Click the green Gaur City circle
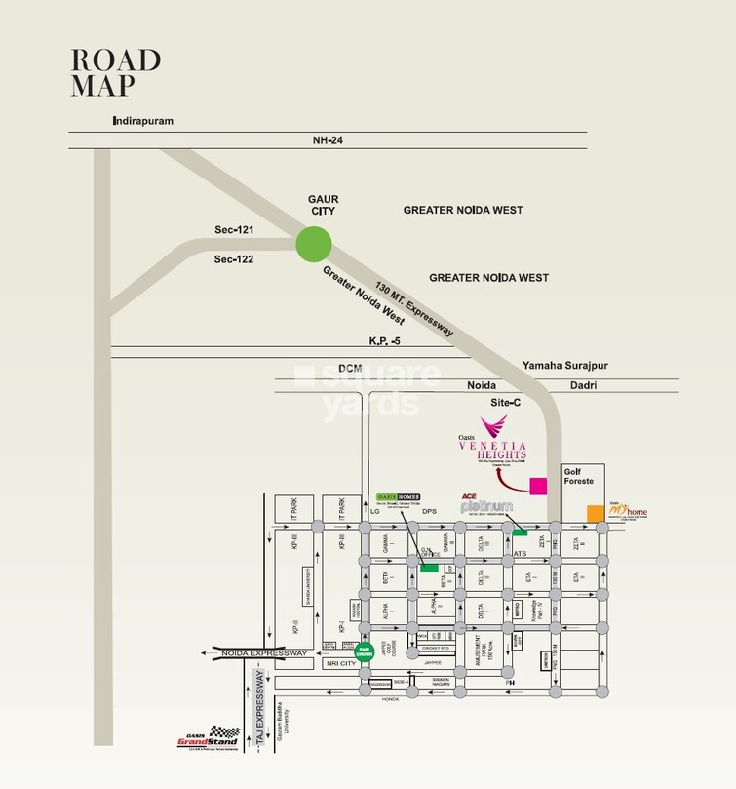[x=314, y=244]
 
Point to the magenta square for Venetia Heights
[x=536, y=485]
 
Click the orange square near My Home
[x=594, y=512]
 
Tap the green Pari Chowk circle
[x=364, y=652]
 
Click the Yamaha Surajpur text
[x=564, y=365]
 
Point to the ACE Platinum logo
[x=486, y=505]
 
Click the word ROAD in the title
[x=115, y=59]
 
